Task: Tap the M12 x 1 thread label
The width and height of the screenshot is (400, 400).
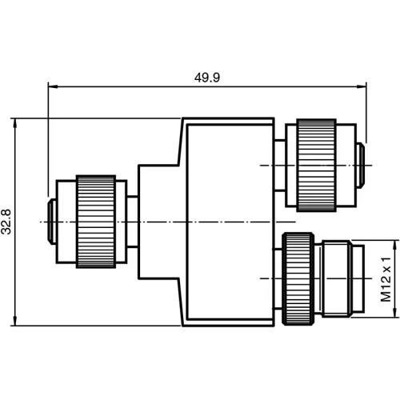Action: (385, 278)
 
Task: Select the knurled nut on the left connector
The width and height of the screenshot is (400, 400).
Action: (95, 221)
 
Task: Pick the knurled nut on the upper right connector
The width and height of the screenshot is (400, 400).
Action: (317, 166)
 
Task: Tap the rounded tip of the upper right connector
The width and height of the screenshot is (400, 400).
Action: (362, 166)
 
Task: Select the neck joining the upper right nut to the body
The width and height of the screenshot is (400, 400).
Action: (278, 166)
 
